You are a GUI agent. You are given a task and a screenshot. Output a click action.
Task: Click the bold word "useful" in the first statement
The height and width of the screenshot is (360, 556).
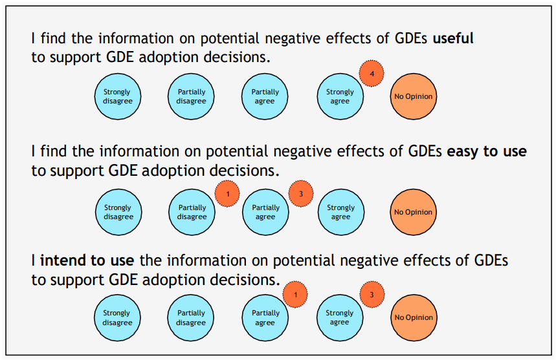point(452,39)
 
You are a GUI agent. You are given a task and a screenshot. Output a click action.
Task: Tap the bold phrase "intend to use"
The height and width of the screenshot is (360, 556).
point(87,261)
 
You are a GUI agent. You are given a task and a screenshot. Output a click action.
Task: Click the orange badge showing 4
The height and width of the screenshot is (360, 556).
point(372,74)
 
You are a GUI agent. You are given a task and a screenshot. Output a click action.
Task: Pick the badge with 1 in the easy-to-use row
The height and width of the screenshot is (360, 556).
point(227,193)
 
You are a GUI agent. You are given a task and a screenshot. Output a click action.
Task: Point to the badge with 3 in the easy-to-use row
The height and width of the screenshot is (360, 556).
point(300,193)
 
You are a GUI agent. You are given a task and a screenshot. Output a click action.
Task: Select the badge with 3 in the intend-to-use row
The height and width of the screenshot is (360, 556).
point(372,295)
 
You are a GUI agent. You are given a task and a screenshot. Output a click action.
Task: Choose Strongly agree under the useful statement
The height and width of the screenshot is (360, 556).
point(339,97)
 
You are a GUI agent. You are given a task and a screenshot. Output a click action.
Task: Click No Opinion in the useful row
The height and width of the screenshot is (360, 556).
point(414,97)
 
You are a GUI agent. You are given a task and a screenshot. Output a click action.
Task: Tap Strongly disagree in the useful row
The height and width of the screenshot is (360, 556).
point(117,97)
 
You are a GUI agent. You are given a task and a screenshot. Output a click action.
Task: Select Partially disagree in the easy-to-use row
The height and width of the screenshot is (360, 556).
point(192,212)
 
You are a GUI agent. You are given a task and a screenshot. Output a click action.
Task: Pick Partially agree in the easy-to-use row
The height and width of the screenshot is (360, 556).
point(265,212)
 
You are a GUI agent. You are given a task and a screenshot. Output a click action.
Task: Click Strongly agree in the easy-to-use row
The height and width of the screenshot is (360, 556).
point(340,212)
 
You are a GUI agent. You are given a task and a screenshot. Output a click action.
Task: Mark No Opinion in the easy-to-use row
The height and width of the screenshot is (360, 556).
point(414,212)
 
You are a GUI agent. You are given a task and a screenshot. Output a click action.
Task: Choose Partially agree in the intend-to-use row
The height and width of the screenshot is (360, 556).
point(265,317)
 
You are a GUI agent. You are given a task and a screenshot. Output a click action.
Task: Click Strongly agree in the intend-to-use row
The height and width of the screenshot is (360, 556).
point(339,317)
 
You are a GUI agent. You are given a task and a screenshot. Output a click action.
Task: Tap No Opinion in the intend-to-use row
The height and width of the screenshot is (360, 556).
point(414,317)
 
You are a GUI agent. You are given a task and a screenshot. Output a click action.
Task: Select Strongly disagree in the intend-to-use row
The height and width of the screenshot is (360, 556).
point(117,317)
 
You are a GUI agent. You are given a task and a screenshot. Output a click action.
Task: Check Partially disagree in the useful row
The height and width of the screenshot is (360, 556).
point(192,97)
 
